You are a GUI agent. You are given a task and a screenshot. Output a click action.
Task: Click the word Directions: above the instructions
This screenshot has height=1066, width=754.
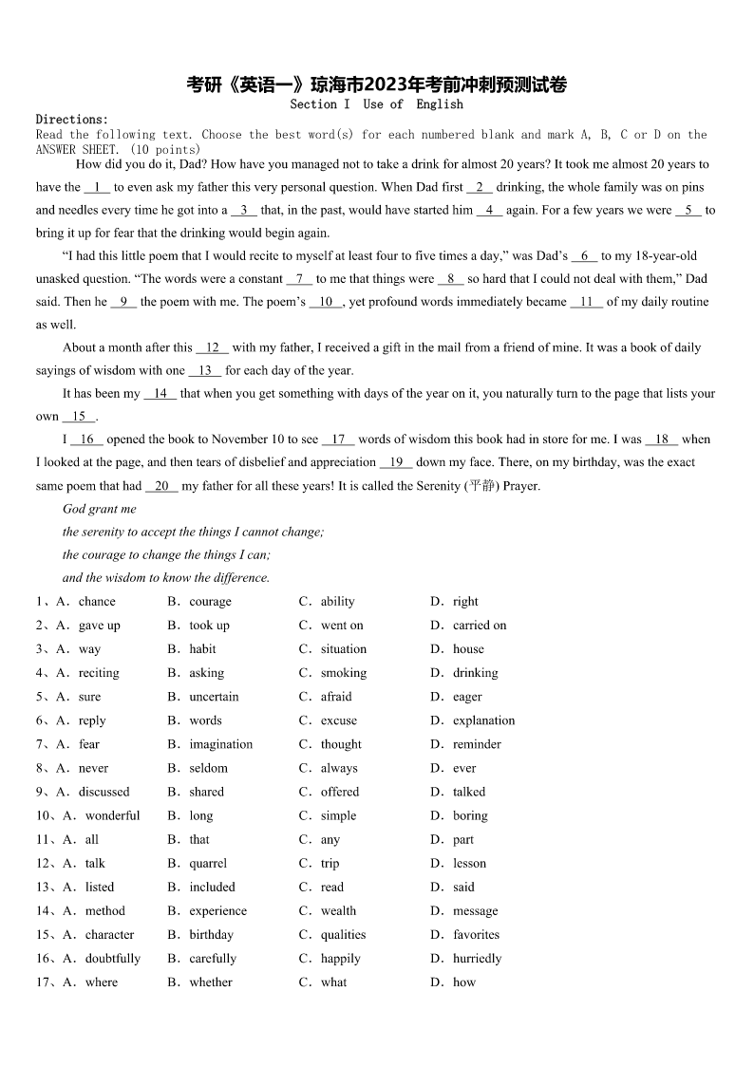point(72,120)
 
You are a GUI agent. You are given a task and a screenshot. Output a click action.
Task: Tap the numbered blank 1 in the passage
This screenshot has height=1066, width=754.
point(98,187)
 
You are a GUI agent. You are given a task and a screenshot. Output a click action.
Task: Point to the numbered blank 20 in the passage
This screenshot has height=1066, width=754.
point(161,486)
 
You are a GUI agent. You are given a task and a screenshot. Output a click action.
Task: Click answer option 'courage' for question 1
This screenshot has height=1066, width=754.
point(210,602)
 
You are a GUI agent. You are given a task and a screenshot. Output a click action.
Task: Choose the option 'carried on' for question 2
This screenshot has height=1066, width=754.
point(480,626)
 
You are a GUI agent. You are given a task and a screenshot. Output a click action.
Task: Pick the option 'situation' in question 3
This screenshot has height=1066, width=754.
point(343,649)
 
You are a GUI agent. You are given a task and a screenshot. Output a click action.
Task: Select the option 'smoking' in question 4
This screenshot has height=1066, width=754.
point(343,673)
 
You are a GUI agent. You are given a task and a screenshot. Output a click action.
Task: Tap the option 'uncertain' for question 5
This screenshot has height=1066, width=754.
point(214,697)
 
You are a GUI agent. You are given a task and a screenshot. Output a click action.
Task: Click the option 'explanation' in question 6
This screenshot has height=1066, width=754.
point(483,720)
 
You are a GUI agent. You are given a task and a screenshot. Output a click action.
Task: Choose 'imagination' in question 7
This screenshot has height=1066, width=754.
point(221,744)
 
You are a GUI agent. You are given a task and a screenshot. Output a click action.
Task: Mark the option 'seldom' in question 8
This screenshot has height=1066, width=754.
point(208,768)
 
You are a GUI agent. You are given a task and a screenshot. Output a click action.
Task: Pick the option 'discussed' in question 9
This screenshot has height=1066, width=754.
point(104,792)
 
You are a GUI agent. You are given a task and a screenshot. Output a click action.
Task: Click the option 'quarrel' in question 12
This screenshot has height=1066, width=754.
point(208,864)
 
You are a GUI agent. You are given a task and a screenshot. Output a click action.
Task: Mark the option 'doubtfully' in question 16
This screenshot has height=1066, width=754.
point(113,959)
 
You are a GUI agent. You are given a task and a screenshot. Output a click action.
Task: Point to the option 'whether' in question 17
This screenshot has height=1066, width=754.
point(211,982)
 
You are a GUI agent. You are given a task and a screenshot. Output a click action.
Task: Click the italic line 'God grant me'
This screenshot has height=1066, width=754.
point(100,510)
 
